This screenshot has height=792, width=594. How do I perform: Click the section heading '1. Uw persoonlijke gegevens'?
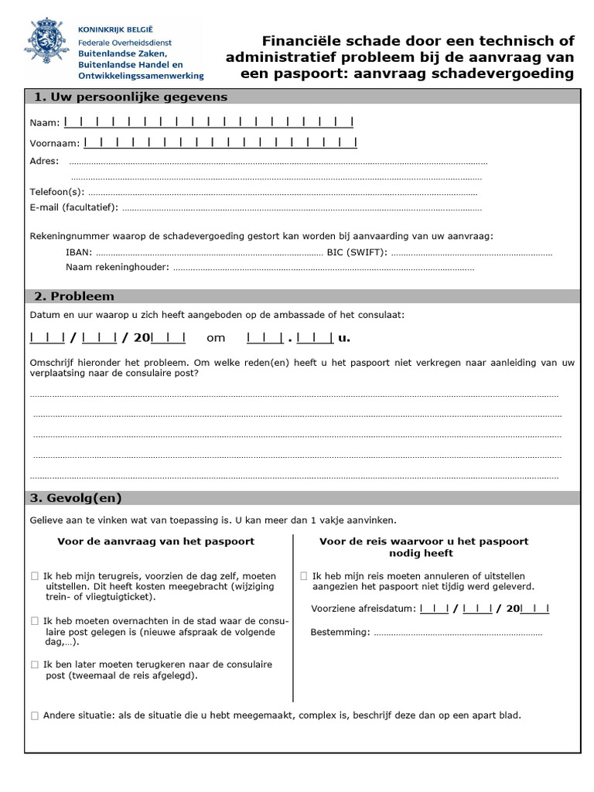(x=130, y=97)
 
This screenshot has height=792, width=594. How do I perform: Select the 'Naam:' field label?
(x=45, y=123)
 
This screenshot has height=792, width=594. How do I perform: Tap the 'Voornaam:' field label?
(x=55, y=143)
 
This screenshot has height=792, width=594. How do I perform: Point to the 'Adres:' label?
(x=44, y=162)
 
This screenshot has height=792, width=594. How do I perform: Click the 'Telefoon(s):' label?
(x=57, y=192)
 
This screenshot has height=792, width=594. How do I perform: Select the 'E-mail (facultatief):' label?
(x=74, y=207)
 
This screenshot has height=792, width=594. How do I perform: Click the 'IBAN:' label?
(x=79, y=252)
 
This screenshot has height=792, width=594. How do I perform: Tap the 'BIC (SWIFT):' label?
(x=357, y=252)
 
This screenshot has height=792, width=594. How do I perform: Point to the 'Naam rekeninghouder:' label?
(x=118, y=268)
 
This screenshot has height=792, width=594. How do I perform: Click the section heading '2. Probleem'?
(x=73, y=296)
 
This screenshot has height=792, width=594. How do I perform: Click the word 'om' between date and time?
(x=216, y=338)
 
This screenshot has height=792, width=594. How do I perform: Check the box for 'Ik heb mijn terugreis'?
(x=34, y=576)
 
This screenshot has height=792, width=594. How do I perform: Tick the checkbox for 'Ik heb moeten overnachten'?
(x=34, y=621)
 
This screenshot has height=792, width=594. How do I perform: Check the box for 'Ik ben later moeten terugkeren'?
(x=34, y=664)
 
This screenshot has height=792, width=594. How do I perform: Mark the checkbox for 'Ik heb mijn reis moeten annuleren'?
(x=304, y=576)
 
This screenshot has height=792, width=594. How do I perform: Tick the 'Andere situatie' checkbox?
(x=34, y=715)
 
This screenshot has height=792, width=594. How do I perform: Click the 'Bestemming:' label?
(x=340, y=633)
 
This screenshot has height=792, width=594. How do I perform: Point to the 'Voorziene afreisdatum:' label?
(x=363, y=609)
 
